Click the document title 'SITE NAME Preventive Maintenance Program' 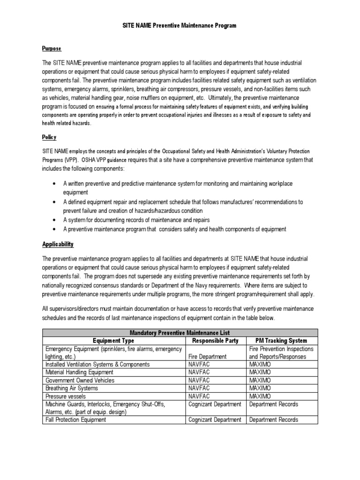coord(180,26)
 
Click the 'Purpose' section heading coord(52,49)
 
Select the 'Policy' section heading coord(49,137)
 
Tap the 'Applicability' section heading coord(58,245)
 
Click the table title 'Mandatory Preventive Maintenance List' coord(180,333)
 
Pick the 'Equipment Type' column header coord(113,341)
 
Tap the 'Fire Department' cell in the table coord(208,356)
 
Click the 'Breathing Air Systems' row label coord(73,389)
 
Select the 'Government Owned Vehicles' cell coord(79,380)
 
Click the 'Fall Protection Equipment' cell coord(75,420)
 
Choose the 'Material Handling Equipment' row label coord(80,372)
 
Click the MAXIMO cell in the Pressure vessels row coord(261,397)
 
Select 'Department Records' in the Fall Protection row coord(274,420)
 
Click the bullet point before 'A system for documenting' coord(55,220)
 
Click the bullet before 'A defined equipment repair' coord(55,202)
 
